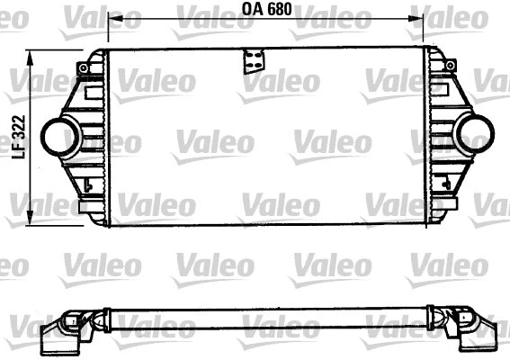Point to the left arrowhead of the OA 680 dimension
click(112, 18)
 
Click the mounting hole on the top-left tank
click(84, 67)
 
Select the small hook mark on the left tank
click(87, 186)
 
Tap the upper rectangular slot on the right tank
click(440, 90)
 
